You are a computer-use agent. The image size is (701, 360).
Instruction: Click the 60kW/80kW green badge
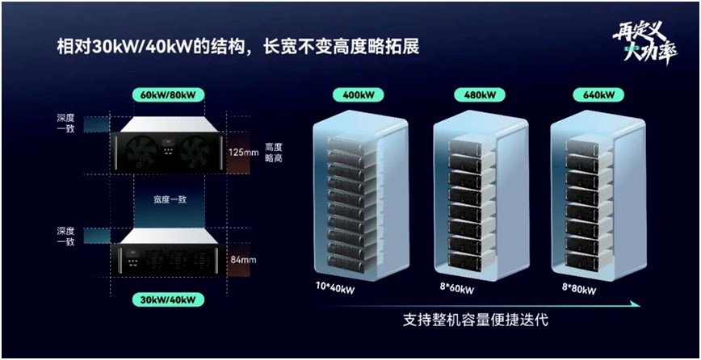pos(167,95)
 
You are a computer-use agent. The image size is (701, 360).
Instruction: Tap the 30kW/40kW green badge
pos(167,299)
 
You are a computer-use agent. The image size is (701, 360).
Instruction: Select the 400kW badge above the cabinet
pos(358,95)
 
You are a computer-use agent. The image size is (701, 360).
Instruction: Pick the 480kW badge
pos(474,95)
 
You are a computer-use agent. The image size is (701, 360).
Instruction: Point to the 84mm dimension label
pos(242,260)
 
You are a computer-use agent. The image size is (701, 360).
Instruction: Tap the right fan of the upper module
pos(196,150)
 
